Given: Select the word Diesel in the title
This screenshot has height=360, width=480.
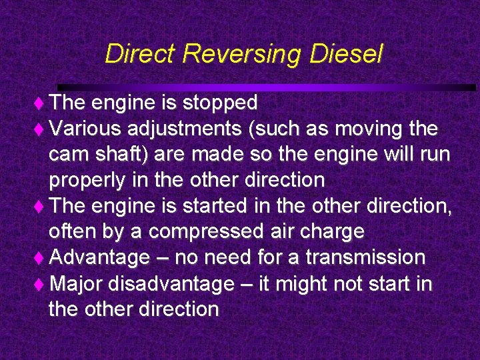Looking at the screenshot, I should [x=346, y=54].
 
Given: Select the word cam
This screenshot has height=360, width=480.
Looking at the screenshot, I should [x=69, y=154].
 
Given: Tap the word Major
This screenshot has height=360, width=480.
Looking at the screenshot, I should [x=75, y=284].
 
